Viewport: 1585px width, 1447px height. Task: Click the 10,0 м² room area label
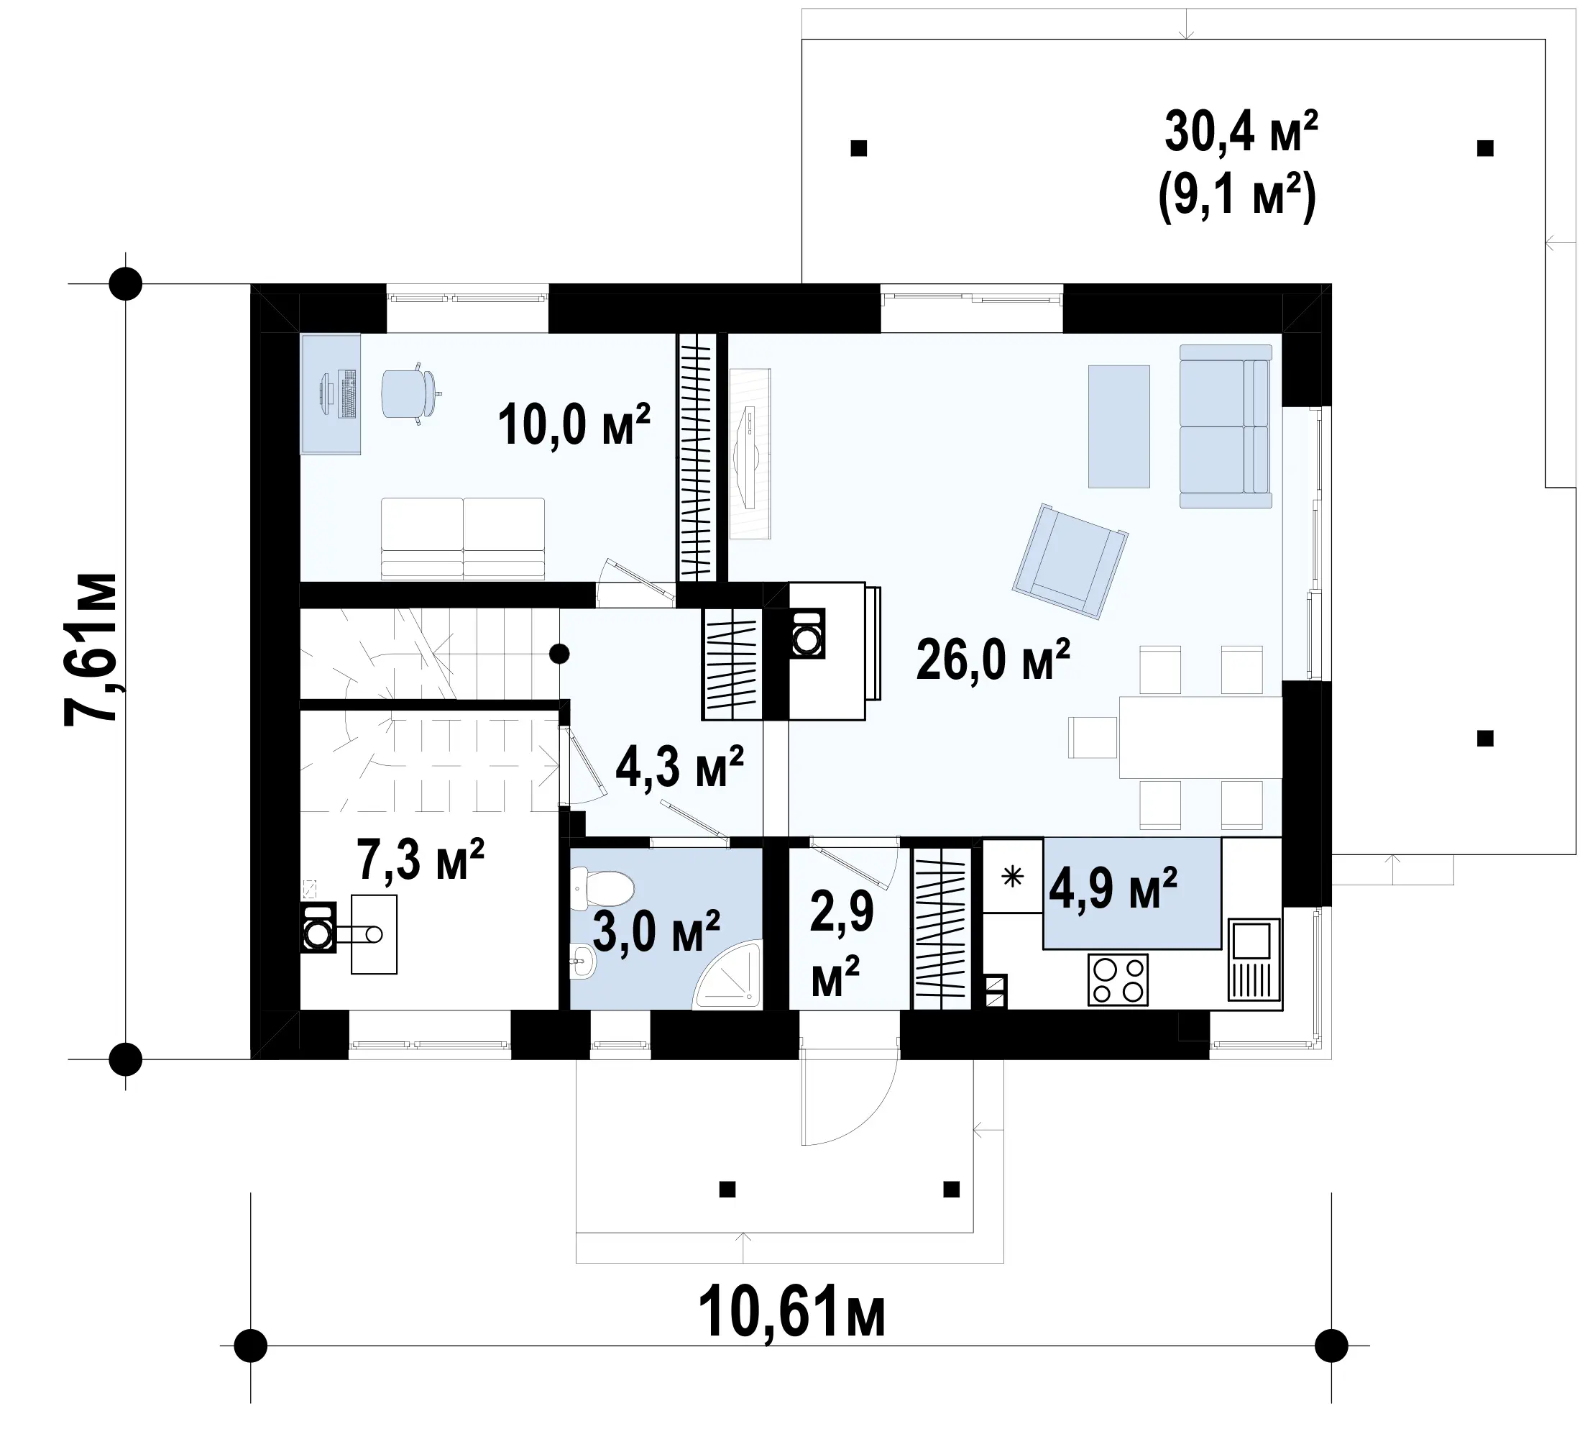(x=574, y=424)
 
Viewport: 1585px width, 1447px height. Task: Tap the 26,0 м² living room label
(x=993, y=659)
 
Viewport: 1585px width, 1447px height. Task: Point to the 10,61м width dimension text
(x=791, y=1311)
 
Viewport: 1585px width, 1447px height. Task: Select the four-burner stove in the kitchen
(x=1117, y=980)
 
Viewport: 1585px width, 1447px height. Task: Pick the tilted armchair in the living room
(x=1071, y=559)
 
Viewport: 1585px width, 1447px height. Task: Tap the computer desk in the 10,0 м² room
(x=331, y=393)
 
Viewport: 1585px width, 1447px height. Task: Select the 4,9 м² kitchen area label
(x=1113, y=888)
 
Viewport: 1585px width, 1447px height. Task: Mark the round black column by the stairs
(x=560, y=654)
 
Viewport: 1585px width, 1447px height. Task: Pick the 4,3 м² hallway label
(x=679, y=767)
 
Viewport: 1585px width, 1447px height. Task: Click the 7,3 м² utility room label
(x=420, y=859)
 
